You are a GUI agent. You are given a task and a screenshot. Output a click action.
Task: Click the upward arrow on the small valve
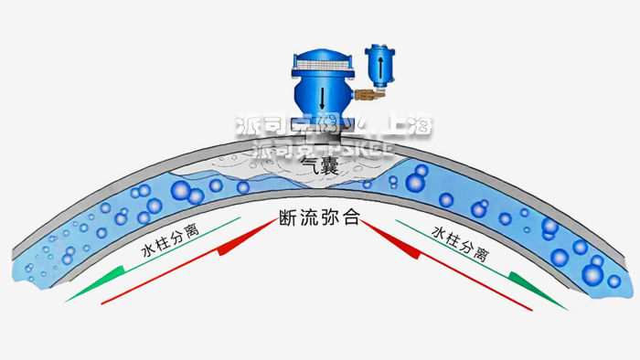coord(375,66)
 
